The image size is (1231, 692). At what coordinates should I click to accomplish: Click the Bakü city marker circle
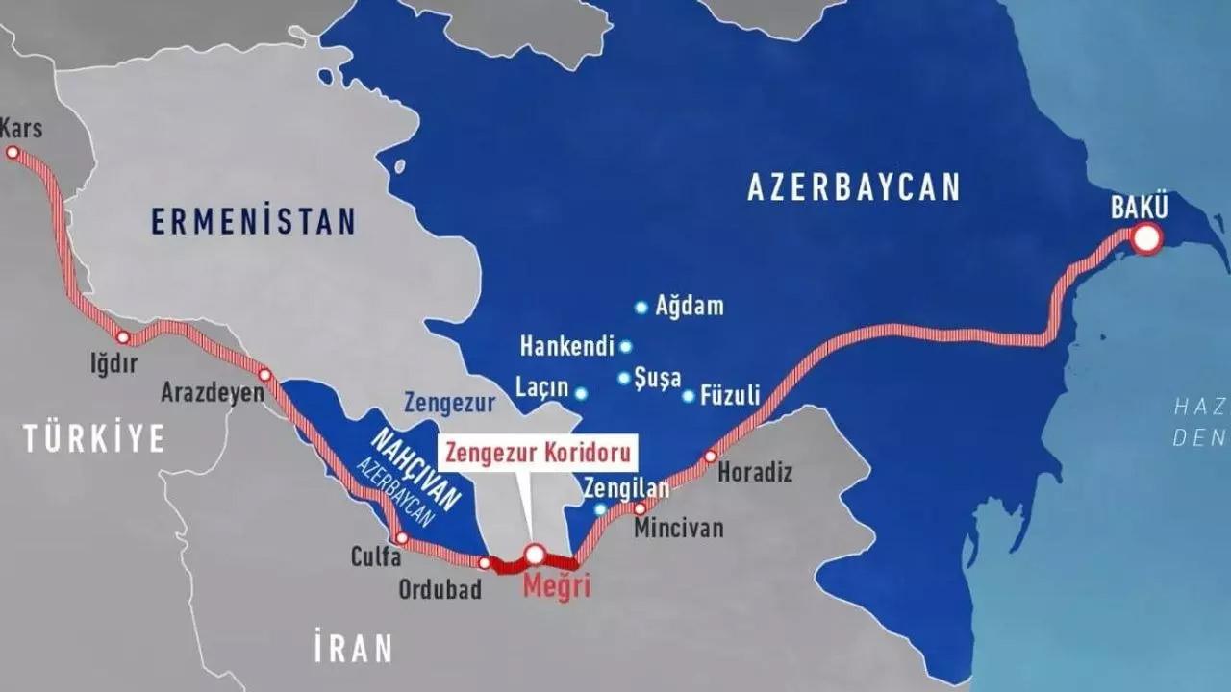point(1146,237)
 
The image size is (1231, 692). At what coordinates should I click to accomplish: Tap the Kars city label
point(22,128)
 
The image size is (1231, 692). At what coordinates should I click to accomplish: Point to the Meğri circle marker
point(535,554)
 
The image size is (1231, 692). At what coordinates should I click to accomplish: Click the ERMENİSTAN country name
point(253,222)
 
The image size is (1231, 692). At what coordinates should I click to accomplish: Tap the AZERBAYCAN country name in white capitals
point(854,187)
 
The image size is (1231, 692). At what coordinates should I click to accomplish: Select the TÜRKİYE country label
point(94,439)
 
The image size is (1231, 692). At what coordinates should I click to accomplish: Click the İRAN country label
point(353,648)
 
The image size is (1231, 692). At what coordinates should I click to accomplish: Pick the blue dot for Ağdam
point(641,308)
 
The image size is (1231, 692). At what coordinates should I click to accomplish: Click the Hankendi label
point(566,346)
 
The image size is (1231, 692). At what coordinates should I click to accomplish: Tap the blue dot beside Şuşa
point(624,378)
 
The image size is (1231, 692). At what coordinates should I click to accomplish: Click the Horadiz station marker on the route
point(711,457)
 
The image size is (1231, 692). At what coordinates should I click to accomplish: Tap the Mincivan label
point(678,529)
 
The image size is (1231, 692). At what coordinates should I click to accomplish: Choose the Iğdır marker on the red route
point(122,337)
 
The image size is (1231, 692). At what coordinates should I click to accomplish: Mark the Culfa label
point(376,556)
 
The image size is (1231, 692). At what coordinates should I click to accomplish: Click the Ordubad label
point(440,589)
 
